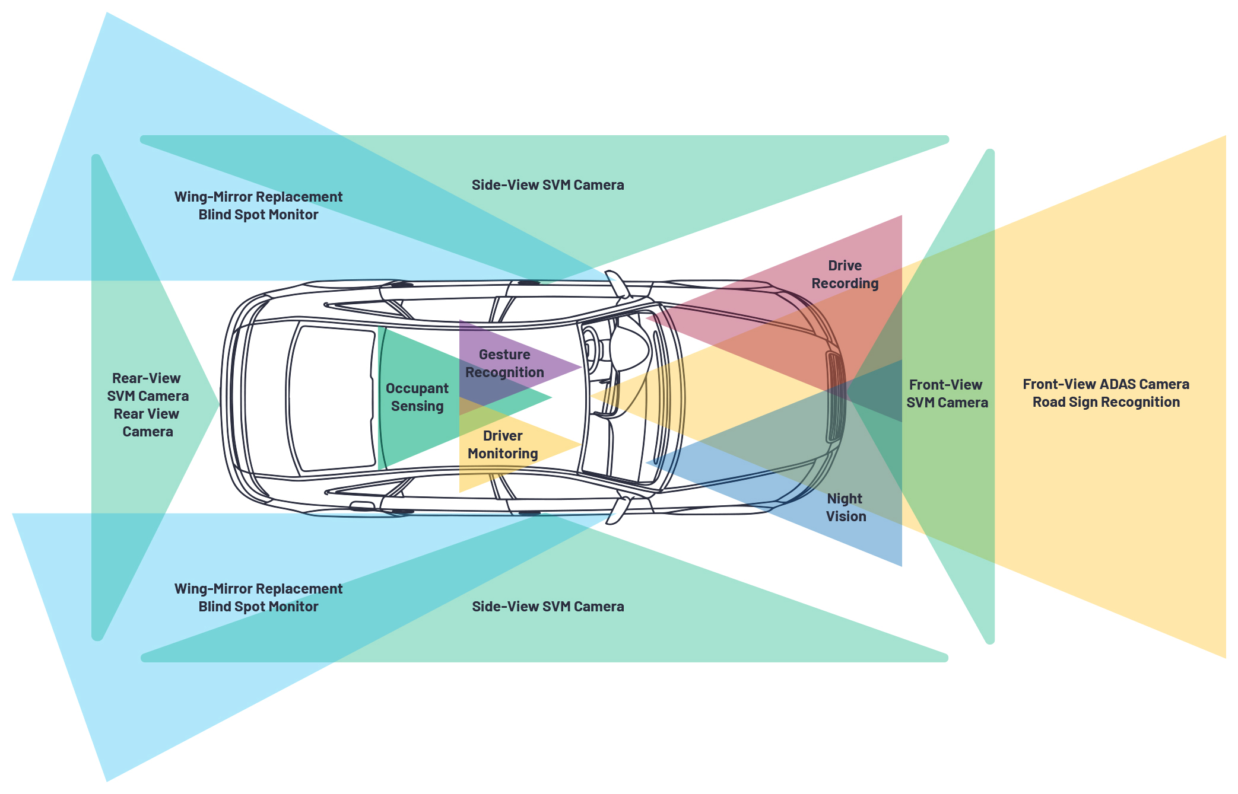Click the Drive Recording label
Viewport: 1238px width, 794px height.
tap(845, 275)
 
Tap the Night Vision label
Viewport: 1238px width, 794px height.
tap(846, 508)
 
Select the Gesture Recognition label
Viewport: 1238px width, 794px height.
tap(504, 363)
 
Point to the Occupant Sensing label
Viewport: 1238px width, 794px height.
tap(417, 397)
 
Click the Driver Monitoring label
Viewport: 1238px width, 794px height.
tap(503, 445)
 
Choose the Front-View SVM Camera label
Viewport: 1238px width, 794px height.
tap(947, 394)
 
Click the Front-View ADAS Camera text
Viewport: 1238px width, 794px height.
tap(1106, 384)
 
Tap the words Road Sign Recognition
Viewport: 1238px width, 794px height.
tap(1106, 402)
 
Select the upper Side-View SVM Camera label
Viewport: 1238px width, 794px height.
tap(547, 185)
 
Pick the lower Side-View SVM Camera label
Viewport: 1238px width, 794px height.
tap(547, 607)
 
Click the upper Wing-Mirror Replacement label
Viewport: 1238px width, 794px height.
tap(258, 197)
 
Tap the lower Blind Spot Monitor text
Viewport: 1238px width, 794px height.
tap(258, 607)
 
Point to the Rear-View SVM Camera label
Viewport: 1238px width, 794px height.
tap(147, 387)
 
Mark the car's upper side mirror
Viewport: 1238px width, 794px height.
tap(617, 283)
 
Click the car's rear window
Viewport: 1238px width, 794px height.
tap(332, 398)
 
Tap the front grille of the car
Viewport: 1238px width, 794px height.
tap(834, 397)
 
